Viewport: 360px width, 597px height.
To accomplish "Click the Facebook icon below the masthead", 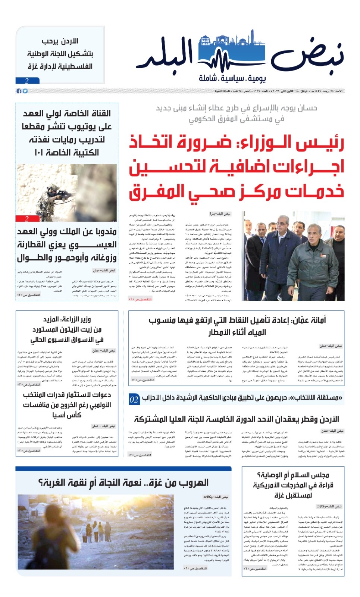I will [x=19, y=91].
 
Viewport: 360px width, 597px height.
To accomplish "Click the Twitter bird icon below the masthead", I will [x=25, y=91].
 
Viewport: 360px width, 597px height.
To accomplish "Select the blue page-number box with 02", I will [x=134, y=400].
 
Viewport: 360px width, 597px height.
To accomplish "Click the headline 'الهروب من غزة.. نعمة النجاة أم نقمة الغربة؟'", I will [x=123, y=483].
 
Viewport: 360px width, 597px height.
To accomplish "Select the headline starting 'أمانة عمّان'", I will [x=237, y=326].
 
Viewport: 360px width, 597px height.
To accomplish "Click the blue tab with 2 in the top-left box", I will [x=27, y=81].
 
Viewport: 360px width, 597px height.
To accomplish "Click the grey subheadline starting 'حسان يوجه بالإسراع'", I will [x=237, y=113].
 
